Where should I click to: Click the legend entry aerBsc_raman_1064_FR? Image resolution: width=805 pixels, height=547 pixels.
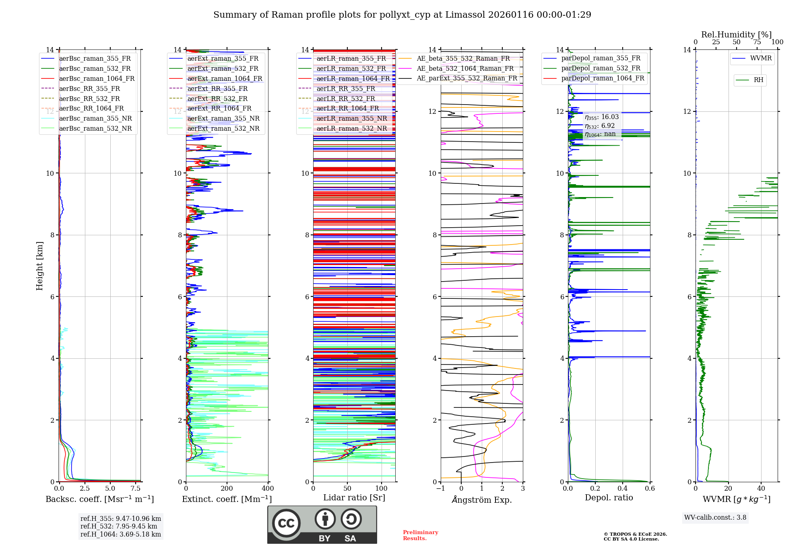97,79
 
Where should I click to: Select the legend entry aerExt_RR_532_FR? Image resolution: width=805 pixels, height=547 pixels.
217,99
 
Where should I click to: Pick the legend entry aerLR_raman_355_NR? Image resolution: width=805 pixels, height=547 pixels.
351,119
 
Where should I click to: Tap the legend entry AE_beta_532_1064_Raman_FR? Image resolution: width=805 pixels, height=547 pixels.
465,69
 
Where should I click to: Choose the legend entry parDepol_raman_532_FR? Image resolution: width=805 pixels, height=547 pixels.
601,68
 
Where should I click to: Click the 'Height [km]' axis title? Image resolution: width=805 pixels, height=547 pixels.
39,266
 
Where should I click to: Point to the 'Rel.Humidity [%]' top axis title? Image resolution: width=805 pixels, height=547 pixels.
736,35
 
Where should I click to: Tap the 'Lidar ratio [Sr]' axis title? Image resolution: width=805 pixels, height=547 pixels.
354,498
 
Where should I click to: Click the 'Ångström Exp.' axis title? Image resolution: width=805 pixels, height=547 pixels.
482,500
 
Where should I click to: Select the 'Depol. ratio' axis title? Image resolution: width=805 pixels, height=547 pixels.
609,498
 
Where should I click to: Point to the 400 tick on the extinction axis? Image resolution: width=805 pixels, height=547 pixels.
268,489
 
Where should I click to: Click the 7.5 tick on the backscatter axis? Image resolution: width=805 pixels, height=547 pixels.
136,489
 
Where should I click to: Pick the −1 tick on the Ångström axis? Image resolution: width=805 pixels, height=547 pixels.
440,489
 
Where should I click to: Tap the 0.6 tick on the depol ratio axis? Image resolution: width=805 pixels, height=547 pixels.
650,489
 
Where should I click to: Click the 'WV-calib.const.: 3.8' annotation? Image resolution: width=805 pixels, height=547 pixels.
715,518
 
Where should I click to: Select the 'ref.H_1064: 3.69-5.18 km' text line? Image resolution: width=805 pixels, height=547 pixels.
120,535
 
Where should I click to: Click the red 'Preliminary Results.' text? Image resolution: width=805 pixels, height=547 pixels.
420,535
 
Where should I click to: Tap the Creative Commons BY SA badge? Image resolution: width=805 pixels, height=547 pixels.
322,524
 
